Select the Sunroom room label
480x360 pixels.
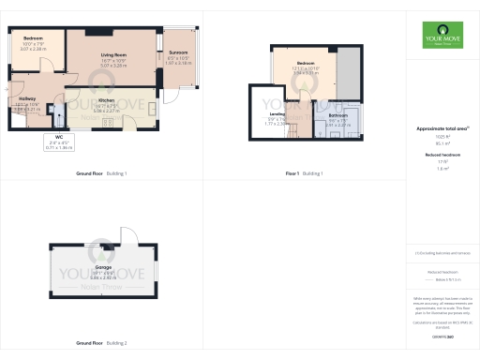(177, 52)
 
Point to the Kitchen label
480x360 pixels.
(106, 99)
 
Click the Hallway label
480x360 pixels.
(27, 98)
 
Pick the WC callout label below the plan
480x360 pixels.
(58, 137)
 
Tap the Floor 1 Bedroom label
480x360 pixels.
(306, 63)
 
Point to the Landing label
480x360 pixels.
(277, 113)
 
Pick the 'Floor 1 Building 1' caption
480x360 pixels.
(304, 173)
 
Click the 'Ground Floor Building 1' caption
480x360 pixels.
(101, 173)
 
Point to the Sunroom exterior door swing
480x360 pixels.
(172, 95)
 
